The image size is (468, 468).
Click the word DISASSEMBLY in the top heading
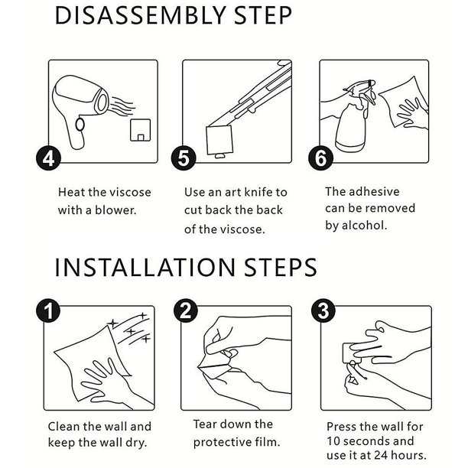140,15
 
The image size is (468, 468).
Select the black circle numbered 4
48,158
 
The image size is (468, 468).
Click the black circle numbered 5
184,158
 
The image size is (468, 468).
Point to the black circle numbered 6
320,158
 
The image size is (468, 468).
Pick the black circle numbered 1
48,311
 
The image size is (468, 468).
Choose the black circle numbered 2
186,311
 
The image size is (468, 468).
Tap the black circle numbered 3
323,311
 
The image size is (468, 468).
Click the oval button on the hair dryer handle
80,124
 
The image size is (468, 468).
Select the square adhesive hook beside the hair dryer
141,130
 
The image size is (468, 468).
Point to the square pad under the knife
219,140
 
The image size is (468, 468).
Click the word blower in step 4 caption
115,210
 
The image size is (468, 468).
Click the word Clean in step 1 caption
64,426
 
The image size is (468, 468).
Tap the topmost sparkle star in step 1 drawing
144,316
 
